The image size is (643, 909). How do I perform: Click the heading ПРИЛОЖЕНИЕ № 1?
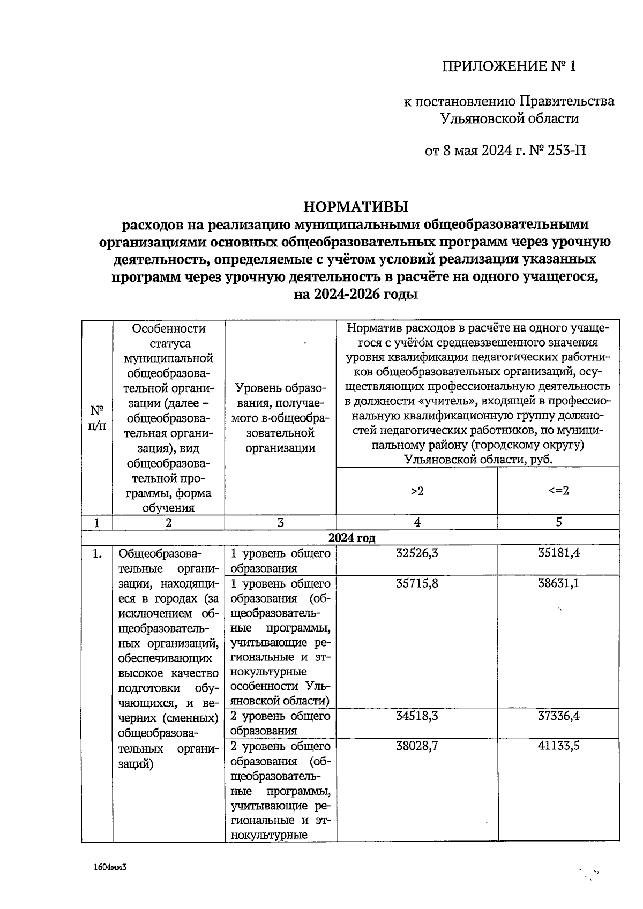pos(509,66)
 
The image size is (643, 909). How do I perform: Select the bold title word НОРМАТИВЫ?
pos(356,206)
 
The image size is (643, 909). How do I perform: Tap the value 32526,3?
pos(417,553)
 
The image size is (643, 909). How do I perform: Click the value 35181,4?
pos(558,553)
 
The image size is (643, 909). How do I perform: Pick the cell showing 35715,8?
pos(417,583)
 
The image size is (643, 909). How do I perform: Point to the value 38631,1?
pos(558,583)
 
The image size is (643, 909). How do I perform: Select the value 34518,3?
pos(417,716)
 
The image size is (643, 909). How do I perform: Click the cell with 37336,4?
pos(558,716)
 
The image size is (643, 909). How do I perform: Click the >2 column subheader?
pos(417,491)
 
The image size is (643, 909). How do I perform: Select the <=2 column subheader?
pos(558,491)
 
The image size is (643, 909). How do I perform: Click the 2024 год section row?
pos(352,538)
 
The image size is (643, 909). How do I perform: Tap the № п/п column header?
pos(97,418)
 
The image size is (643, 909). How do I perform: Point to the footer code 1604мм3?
pos(110,867)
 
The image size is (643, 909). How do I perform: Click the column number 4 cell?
pos(417,523)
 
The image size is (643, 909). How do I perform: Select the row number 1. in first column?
pos(97,554)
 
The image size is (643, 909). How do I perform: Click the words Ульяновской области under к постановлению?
pos(509,118)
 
